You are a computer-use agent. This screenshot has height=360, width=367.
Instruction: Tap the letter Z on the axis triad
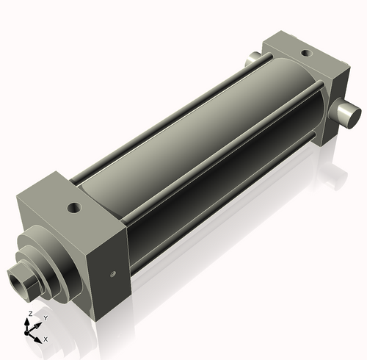(29, 314)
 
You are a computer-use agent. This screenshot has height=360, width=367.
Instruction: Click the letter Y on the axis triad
(46, 317)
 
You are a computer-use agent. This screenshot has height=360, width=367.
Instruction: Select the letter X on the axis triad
(46, 339)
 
